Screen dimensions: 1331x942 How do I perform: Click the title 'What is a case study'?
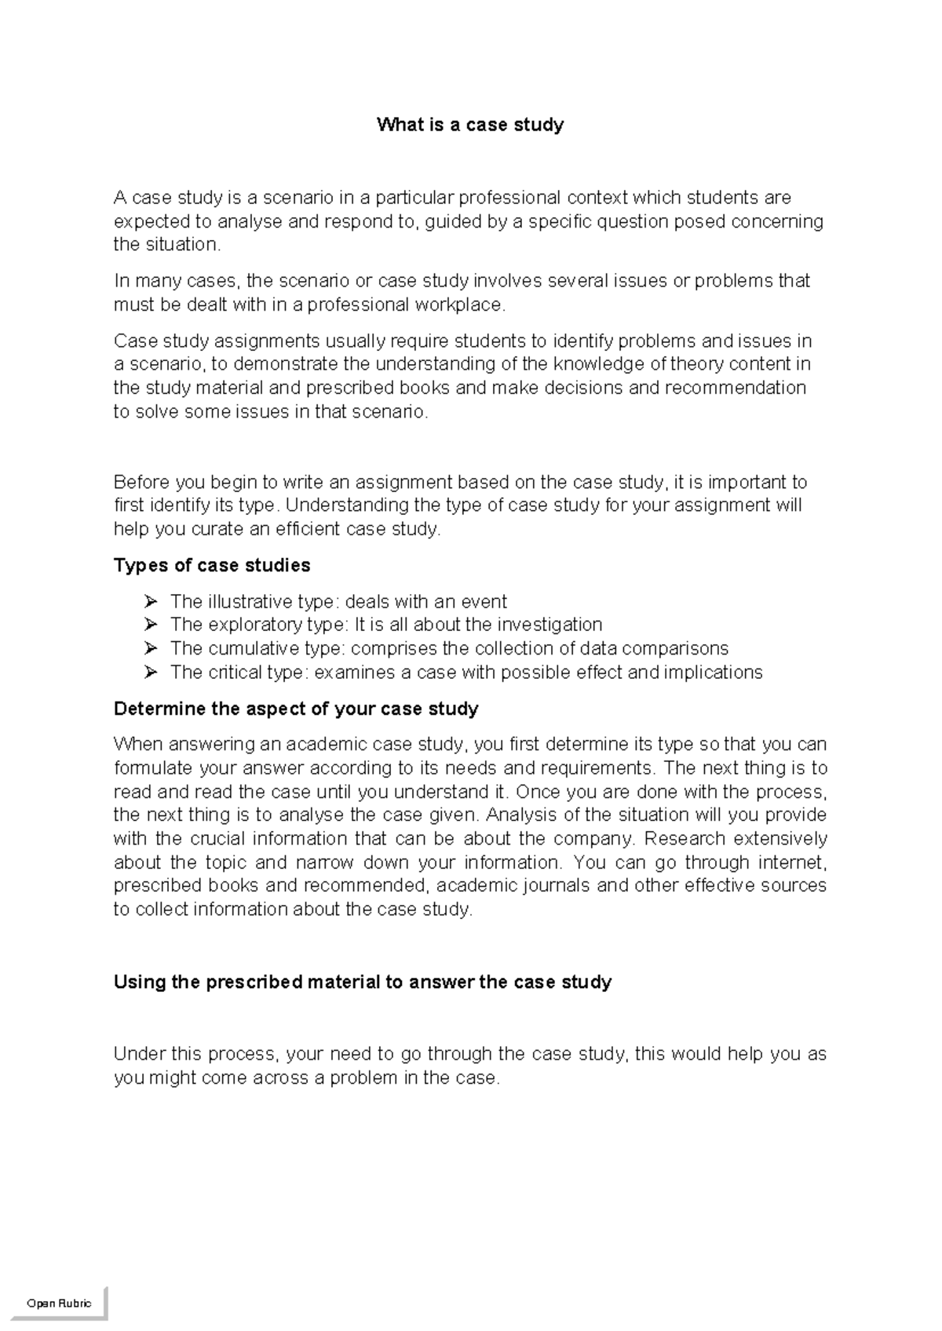pyautogui.click(x=470, y=125)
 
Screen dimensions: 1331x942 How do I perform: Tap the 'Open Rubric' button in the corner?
pyautogui.click(x=59, y=1303)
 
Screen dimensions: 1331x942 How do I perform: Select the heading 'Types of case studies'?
pyautogui.click(x=212, y=565)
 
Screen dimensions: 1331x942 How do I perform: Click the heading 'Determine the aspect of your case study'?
pyautogui.click(x=296, y=709)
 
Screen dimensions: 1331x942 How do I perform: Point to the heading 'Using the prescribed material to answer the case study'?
pyautogui.click(x=362, y=982)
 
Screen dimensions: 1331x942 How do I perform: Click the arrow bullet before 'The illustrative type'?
pyautogui.click(x=151, y=602)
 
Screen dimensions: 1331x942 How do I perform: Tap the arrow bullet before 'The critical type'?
pyautogui.click(x=151, y=673)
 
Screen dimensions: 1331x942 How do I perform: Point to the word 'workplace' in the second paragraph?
pyautogui.click(x=462, y=304)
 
